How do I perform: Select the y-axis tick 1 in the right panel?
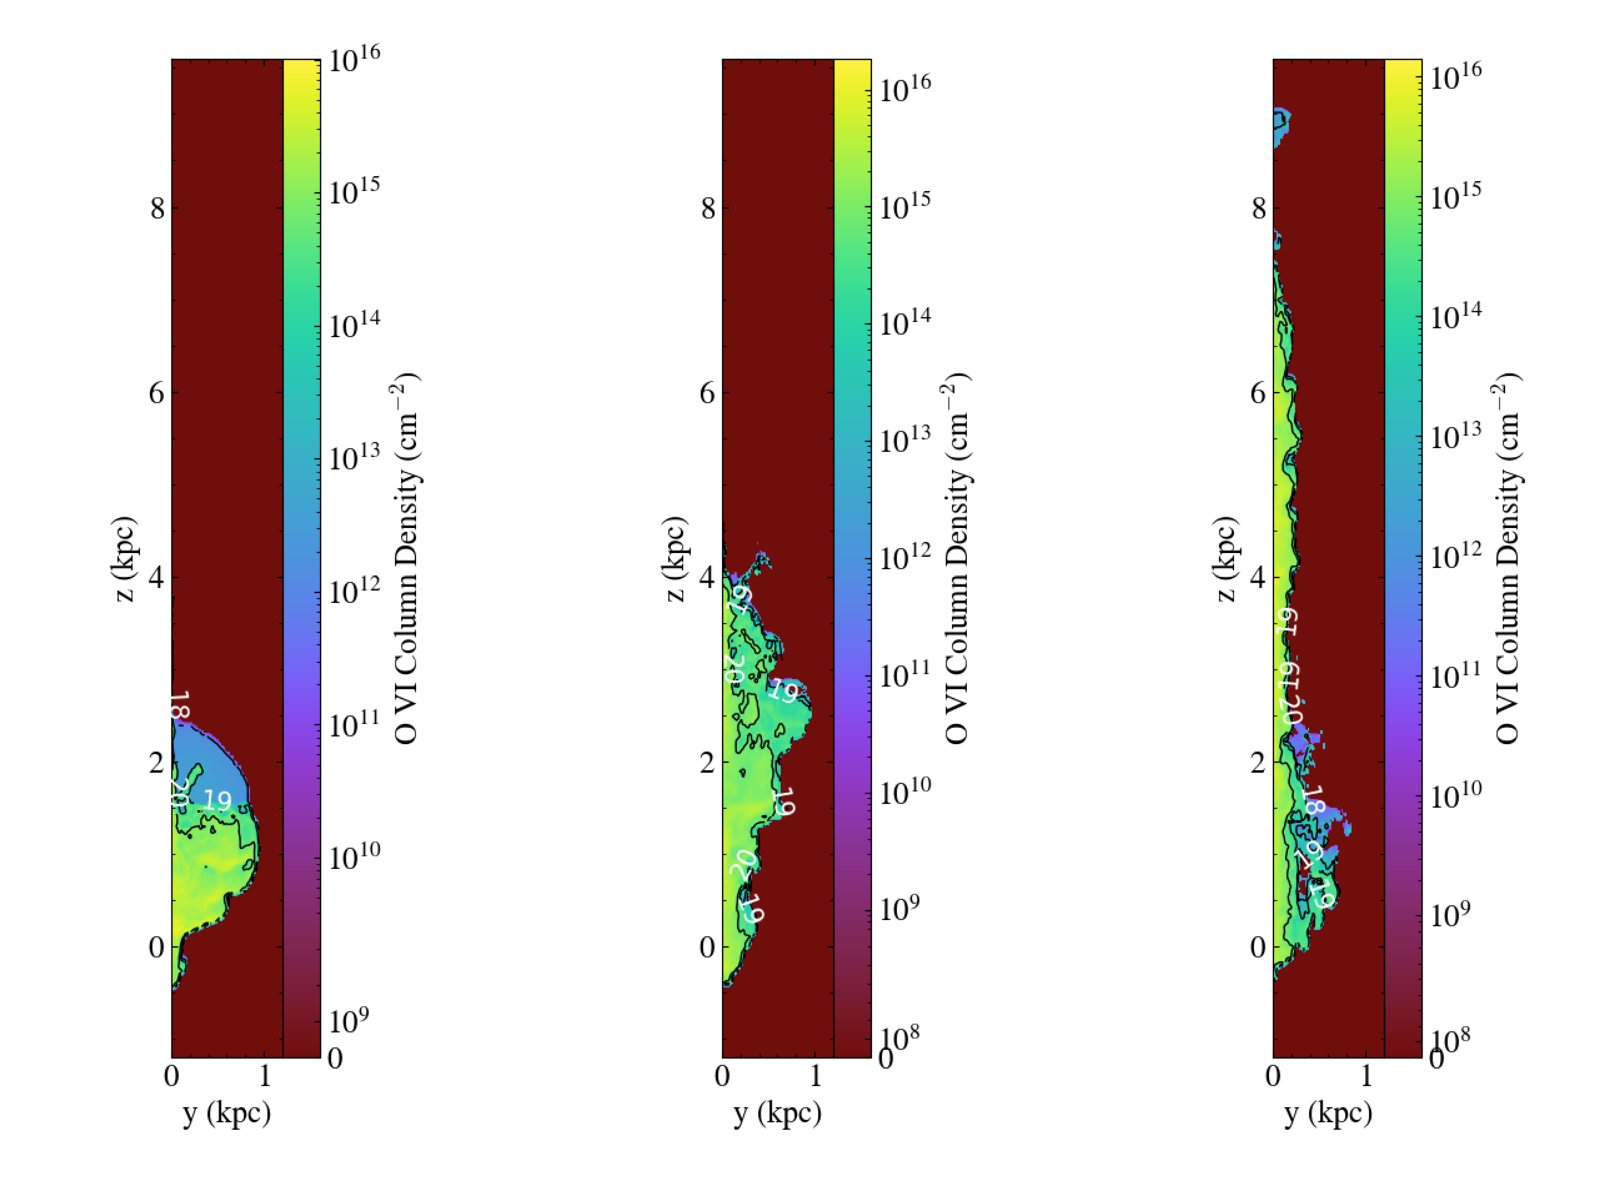1366,1076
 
